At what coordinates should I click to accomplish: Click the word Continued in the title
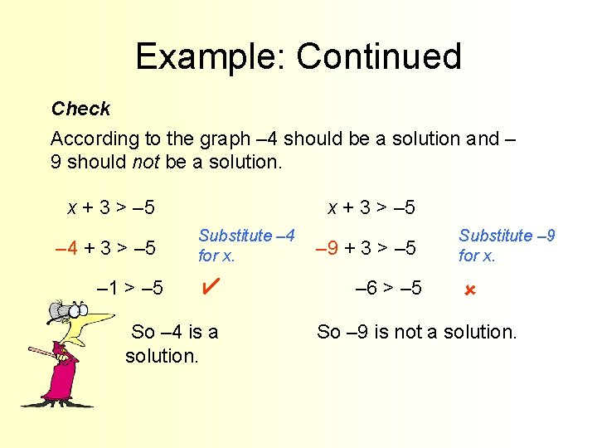pos(378,56)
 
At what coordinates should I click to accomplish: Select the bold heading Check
pos(80,109)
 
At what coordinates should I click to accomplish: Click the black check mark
pos(210,287)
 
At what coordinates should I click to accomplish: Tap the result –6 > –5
pos(388,288)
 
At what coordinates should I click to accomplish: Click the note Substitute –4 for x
pos(246,246)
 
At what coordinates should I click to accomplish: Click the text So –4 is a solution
pos(172,343)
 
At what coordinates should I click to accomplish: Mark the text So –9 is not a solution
pos(416,332)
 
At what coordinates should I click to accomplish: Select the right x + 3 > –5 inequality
pos(371,206)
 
